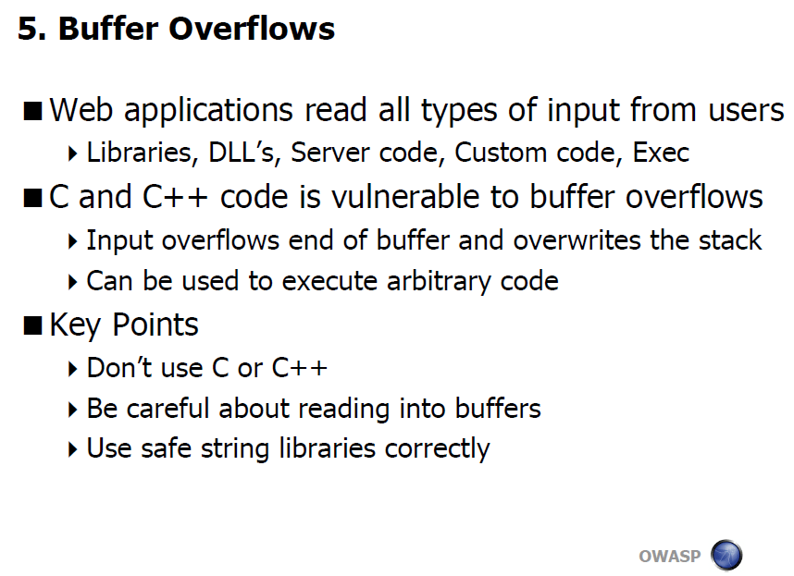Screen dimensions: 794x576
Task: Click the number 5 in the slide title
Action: pos(29,29)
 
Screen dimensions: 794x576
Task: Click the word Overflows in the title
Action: pos(252,29)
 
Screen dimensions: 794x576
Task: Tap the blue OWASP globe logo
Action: pos(726,555)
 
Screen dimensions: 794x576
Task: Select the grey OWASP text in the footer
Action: pos(669,557)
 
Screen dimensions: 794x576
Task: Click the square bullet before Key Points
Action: pos(33,325)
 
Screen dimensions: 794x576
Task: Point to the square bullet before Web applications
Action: pos(33,111)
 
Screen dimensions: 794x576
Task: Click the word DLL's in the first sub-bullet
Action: pos(244,153)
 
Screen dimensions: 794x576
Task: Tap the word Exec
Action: pos(661,153)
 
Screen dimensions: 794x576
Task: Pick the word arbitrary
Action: pos(439,281)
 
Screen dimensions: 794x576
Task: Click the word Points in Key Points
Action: pos(155,325)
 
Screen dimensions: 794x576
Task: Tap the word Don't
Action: pos(119,367)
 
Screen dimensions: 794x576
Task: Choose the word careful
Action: pos(167,408)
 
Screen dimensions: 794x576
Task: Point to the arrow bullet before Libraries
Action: pos(72,153)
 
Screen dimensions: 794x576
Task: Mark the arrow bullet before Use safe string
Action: pos(72,449)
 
